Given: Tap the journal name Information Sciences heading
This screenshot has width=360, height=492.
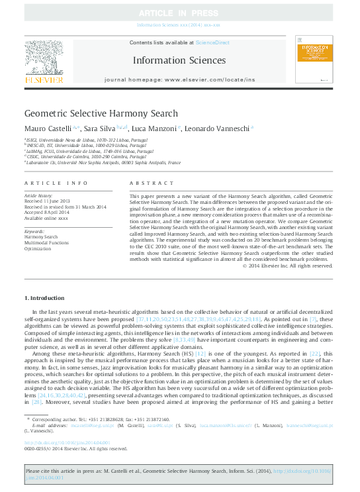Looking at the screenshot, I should point(178,60).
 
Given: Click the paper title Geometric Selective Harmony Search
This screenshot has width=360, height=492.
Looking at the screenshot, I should point(101,114).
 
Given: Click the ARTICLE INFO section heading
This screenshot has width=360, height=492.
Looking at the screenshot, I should point(56,182).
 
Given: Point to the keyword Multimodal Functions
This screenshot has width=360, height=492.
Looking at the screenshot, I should point(46,242).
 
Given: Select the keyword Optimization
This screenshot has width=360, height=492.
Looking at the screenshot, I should point(38,248).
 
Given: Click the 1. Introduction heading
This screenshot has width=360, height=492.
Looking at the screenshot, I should point(44,298).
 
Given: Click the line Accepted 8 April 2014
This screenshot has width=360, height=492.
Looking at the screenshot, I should point(49,213).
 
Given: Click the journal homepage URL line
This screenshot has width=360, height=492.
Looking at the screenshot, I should point(179,79).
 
